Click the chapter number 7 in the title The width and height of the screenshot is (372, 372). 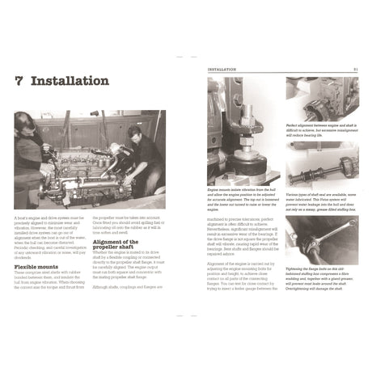pyautogui.click(x=19, y=82)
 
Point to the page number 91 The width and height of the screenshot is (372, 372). pyautogui.click(x=355, y=70)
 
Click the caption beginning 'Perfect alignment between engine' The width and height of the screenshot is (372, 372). pyautogui.click(x=320, y=134)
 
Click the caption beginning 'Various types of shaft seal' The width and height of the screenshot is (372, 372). pyautogui.click(x=320, y=203)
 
